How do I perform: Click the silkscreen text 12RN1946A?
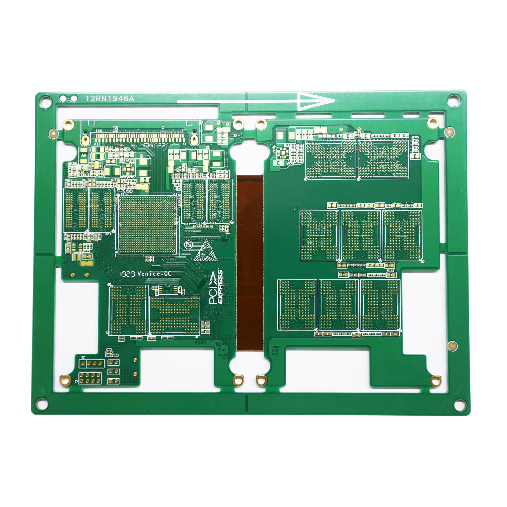coord(110,99)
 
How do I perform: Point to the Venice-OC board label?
coord(154,274)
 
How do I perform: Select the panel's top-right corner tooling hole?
coord(452,99)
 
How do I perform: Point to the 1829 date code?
coord(128,274)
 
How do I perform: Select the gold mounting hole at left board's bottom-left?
coord(63,379)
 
